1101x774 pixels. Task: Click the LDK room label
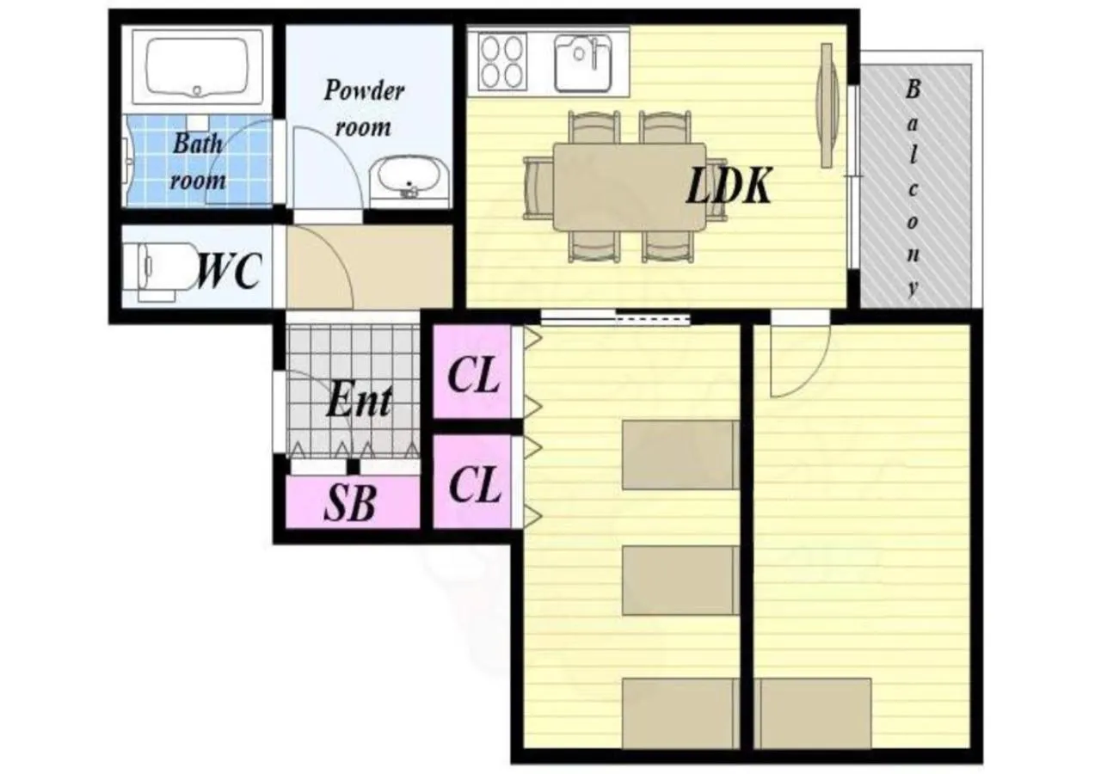[x=728, y=187]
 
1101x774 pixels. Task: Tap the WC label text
[x=227, y=272]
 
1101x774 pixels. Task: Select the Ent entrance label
[x=359, y=401]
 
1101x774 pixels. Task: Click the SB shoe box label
[x=350, y=504]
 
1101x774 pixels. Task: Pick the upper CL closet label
[x=474, y=376]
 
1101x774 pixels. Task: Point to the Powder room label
[x=363, y=108]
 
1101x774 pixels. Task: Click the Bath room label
[x=198, y=162]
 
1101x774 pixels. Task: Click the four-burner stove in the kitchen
[x=502, y=61]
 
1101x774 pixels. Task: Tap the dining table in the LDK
[x=630, y=187]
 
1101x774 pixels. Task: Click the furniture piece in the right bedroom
[x=815, y=713]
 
